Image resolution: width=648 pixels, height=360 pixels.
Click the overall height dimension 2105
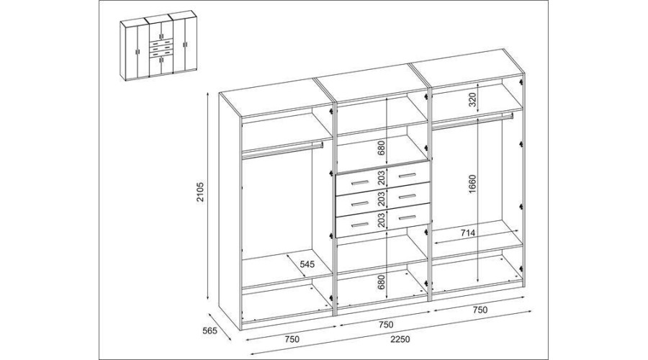point(200,192)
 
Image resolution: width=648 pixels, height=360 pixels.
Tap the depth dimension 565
point(210,331)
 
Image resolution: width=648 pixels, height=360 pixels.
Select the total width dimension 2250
point(400,339)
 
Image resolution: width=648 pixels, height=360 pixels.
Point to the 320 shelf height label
point(473,101)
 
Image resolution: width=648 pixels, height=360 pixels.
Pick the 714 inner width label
point(468,233)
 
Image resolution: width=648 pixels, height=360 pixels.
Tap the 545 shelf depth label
point(307,264)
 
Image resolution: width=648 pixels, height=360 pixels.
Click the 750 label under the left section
point(292,339)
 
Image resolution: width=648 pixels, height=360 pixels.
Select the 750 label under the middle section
point(386,325)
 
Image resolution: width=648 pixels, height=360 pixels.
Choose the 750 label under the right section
point(480,310)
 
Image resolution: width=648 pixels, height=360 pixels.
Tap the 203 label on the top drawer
point(381,177)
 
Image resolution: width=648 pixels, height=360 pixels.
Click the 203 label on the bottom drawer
point(381,220)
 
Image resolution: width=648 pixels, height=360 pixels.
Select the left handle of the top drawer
point(359,182)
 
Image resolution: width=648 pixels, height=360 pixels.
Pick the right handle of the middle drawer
point(407,197)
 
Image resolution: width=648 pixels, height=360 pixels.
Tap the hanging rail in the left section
point(282,150)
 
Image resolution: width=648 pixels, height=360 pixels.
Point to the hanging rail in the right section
point(473,119)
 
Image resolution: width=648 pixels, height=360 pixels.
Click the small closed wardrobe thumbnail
point(158,45)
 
